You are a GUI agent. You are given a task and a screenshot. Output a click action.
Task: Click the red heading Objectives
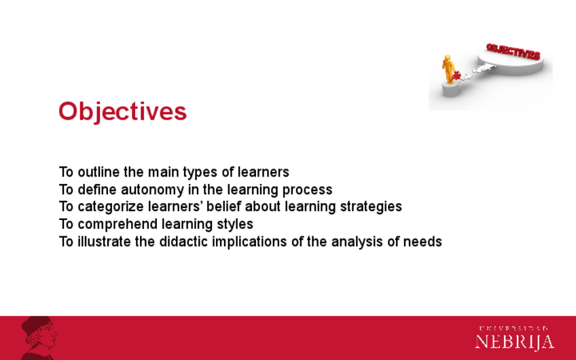[x=123, y=111]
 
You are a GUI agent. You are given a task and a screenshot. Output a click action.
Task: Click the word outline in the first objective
[x=98, y=172]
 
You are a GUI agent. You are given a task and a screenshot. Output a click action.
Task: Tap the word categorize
[x=111, y=206]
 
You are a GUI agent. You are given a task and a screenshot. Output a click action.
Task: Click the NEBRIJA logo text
[x=515, y=342]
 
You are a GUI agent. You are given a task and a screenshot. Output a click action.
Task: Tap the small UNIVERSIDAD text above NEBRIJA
[x=514, y=328]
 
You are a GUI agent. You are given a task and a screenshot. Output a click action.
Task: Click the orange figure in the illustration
[x=448, y=69]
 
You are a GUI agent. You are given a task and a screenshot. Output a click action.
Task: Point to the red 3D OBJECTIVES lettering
[x=514, y=52]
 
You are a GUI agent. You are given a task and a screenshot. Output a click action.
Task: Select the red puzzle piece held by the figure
[x=456, y=75]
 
